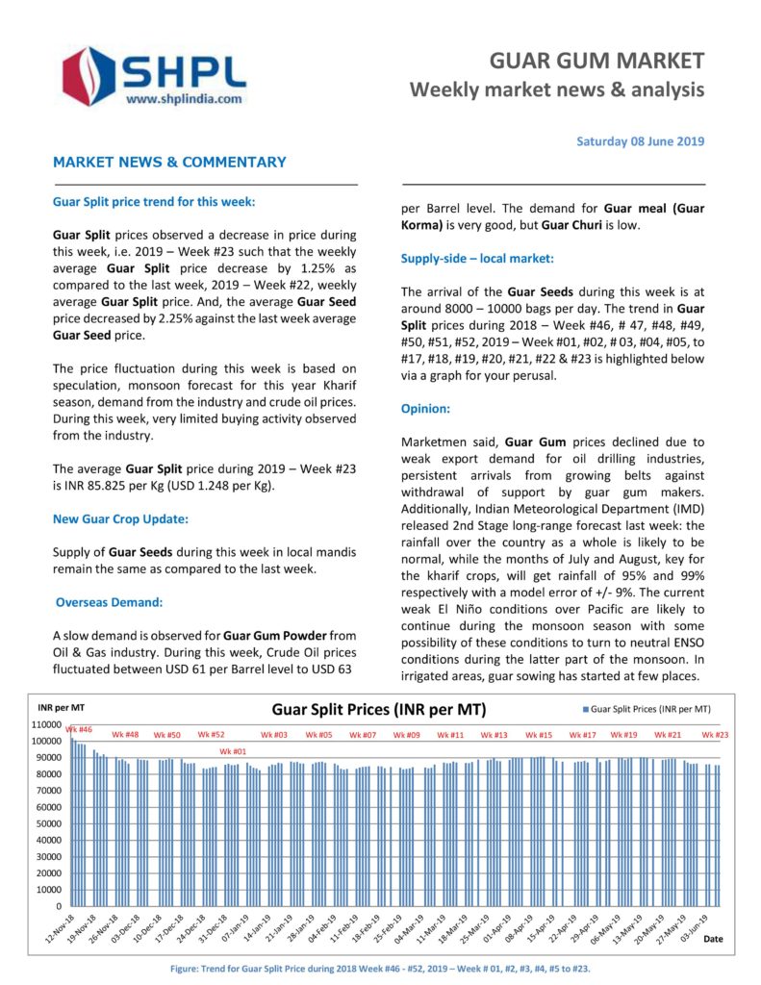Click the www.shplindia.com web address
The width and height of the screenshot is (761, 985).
(184, 98)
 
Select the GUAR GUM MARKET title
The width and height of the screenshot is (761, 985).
(596, 62)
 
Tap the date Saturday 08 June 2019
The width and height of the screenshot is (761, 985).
(640, 141)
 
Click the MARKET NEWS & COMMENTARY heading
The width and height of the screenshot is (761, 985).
(169, 163)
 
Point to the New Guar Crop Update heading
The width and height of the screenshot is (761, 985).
(120, 518)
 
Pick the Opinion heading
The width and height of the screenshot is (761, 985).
(425, 409)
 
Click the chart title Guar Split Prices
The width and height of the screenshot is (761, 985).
(379, 710)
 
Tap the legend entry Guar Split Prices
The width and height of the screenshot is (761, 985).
(650, 709)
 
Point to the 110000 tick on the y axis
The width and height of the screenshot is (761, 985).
(46, 724)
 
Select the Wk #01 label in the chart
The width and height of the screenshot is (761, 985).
(232, 750)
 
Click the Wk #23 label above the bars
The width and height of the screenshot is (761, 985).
(715, 735)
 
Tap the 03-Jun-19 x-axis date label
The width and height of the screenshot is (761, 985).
(696, 931)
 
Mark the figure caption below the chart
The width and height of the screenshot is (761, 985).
(379, 968)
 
